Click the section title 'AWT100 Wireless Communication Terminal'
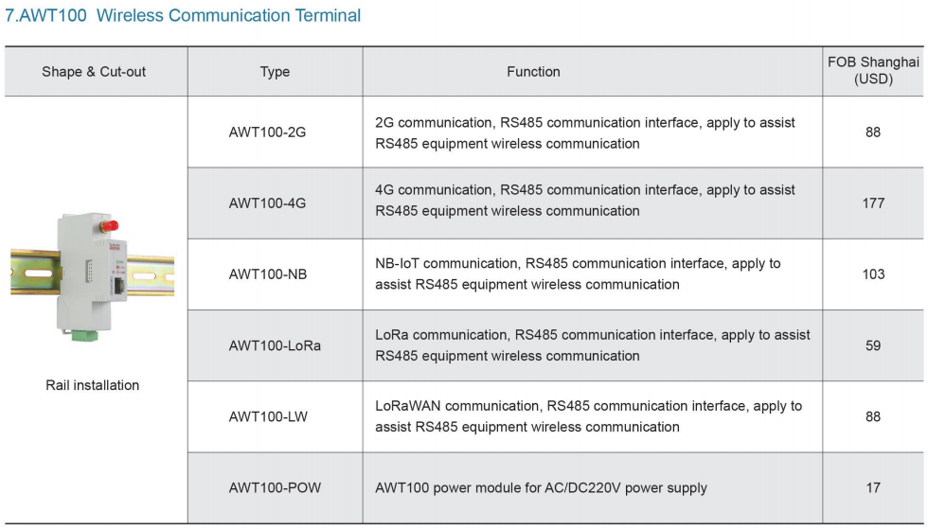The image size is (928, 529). (183, 15)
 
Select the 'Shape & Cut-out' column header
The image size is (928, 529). (94, 72)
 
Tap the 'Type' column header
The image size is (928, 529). (275, 72)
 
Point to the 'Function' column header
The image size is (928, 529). (533, 72)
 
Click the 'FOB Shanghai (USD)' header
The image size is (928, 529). (873, 70)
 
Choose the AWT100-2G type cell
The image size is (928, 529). (267, 132)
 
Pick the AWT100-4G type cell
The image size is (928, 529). (267, 203)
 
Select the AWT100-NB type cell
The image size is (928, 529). (268, 274)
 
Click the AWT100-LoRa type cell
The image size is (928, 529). (275, 345)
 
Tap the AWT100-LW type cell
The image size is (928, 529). (268, 416)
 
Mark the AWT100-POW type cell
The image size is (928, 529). (275, 487)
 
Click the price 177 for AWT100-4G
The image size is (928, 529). (873, 203)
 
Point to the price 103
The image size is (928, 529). (873, 274)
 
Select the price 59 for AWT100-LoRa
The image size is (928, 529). (873, 345)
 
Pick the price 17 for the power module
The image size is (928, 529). (873, 487)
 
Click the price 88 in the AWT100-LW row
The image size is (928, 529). (873, 416)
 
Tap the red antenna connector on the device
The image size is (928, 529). (109, 225)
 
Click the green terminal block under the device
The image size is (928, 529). (84, 336)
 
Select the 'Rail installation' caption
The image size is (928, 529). (93, 385)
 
